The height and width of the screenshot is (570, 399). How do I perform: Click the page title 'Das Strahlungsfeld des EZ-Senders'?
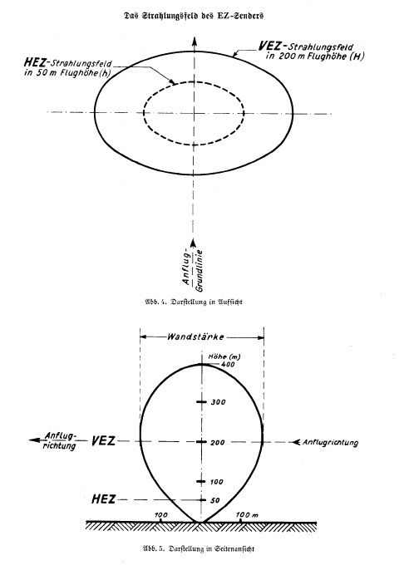[194, 16]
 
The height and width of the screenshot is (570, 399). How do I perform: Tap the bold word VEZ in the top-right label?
[269, 46]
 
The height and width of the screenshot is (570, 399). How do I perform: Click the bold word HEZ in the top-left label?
[35, 62]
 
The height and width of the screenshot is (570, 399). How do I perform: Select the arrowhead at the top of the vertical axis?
[195, 41]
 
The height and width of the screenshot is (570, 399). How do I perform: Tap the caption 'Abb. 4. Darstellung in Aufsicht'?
[194, 302]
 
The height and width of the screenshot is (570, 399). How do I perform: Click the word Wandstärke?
[195, 337]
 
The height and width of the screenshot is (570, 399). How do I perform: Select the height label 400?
[228, 364]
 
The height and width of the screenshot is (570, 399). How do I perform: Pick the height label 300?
[219, 402]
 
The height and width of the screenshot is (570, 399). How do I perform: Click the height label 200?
[218, 442]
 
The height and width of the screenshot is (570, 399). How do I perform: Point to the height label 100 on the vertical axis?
[216, 482]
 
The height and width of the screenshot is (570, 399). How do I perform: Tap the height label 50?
[215, 500]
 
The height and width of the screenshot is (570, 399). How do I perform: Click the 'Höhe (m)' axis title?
[224, 356]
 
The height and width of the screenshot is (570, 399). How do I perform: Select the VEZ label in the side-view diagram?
[103, 441]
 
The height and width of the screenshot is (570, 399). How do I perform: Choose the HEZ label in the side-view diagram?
[103, 499]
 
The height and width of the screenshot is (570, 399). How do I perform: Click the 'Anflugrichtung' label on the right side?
[330, 442]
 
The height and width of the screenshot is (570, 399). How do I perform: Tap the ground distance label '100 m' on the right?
[247, 515]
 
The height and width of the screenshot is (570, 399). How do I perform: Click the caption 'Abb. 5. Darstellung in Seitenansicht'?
[198, 548]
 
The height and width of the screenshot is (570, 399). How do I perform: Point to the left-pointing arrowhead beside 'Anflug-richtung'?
[35, 440]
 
